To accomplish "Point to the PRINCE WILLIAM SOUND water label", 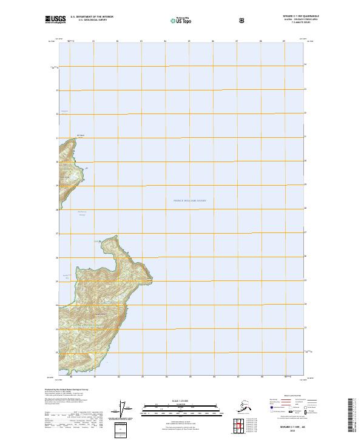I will click(x=190, y=200).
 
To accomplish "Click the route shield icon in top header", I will click(x=242, y=20).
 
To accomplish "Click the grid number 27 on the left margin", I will click(x=57, y=234).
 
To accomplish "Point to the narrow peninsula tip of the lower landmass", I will click(x=97, y=241).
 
